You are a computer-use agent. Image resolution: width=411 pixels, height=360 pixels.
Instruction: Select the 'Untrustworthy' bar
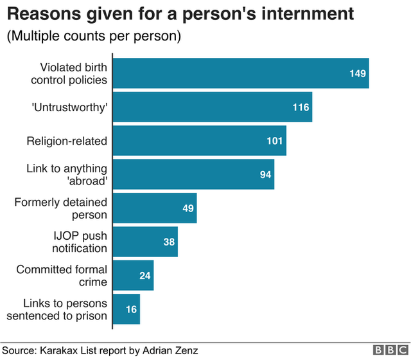[212, 107]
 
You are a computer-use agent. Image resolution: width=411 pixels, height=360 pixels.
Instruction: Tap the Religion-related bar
[199, 141]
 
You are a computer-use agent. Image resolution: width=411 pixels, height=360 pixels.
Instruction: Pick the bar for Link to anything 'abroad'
[193, 175]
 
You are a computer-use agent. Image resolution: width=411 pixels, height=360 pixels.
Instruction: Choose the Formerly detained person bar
[154, 208]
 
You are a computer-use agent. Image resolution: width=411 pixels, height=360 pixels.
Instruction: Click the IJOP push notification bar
[144, 242]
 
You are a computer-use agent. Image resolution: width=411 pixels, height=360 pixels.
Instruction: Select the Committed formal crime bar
[132, 276]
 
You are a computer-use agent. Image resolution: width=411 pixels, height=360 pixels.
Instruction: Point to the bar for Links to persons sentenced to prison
[126, 309]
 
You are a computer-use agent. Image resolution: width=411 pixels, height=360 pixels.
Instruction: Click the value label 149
[358, 74]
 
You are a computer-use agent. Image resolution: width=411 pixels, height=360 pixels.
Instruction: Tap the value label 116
[301, 107]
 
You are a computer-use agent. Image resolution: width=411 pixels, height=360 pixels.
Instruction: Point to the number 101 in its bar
[275, 141]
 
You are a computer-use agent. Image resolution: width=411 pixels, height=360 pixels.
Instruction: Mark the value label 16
[131, 309]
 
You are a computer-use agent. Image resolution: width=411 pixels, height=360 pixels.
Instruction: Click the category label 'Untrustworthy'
[68, 107]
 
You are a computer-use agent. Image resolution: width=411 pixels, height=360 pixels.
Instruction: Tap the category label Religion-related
[67, 141]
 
